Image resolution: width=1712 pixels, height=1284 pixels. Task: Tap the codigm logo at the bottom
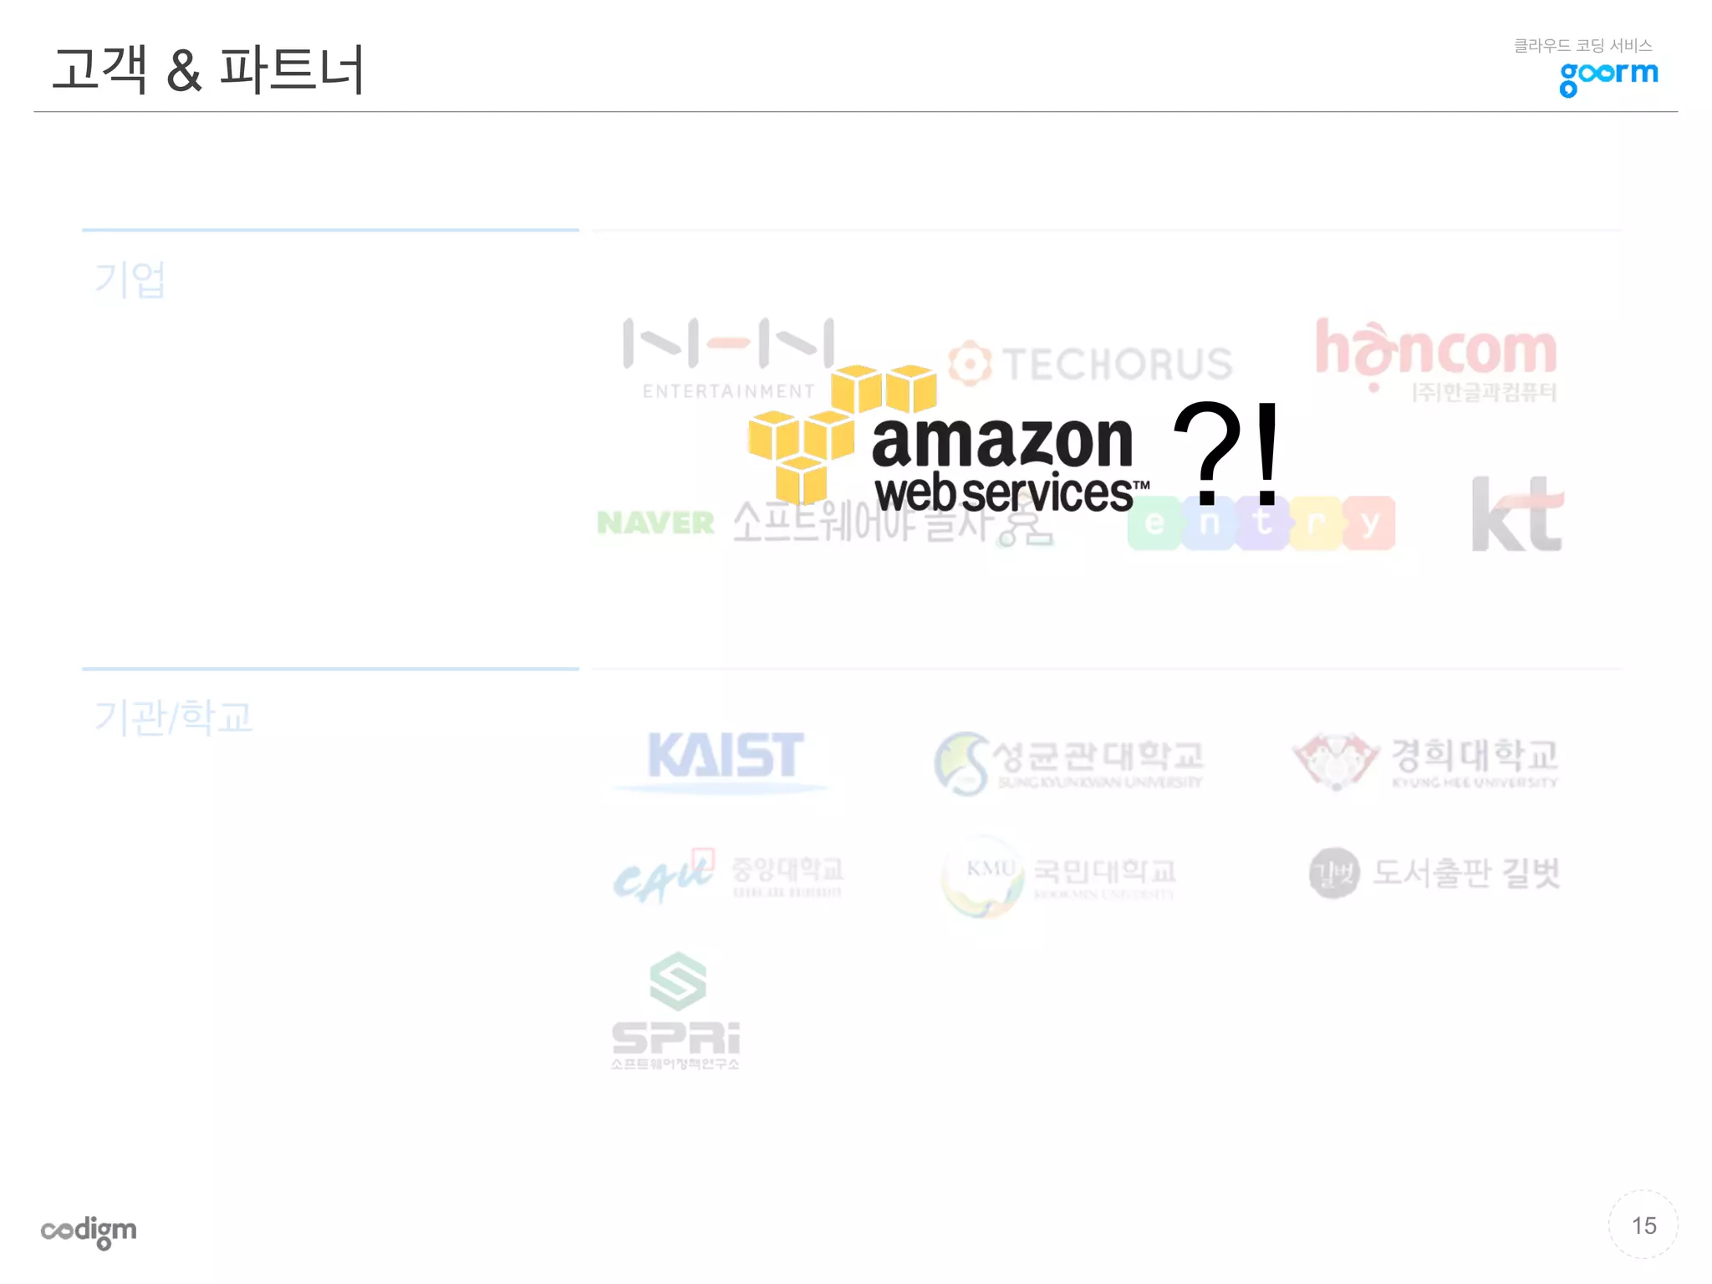(x=89, y=1230)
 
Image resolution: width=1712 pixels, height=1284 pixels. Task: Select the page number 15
(x=1643, y=1225)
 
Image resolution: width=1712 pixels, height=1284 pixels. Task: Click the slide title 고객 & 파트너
(x=208, y=69)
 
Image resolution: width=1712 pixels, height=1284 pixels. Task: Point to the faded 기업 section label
(x=130, y=279)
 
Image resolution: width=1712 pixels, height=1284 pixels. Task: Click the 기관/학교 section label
(x=173, y=717)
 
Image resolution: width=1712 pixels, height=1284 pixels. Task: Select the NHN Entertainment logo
(x=728, y=355)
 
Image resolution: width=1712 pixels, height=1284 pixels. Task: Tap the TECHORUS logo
(x=1091, y=364)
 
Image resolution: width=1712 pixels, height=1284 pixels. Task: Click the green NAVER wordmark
(x=656, y=523)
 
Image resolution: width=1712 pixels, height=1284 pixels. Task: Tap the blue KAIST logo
(x=725, y=756)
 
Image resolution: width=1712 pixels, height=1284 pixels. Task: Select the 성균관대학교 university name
(x=1097, y=756)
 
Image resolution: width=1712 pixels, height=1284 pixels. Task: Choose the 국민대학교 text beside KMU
(x=1103, y=871)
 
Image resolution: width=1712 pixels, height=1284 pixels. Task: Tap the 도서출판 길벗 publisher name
(x=1465, y=873)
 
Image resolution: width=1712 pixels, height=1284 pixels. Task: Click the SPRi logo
(x=675, y=1011)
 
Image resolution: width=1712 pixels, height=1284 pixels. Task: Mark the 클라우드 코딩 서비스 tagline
(x=1582, y=45)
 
